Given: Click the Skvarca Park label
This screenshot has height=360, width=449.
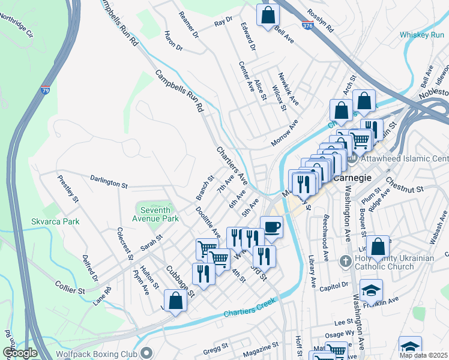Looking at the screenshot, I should [x=55, y=221].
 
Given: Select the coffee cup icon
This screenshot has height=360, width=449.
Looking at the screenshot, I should [x=272, y=226].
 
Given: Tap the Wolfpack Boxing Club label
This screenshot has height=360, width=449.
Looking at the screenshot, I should [x=95, y=353].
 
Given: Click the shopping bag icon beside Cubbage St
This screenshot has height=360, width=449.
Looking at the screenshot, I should [x=175, y=301].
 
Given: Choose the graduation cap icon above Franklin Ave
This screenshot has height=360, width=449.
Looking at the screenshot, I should [x=372, y=290].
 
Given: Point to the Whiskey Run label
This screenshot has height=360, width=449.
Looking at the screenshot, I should [x=421, y=35].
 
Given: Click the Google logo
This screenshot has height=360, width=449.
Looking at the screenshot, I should [x=20, y=353].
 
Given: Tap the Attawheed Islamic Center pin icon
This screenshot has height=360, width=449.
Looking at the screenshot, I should [x=352, y=158].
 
